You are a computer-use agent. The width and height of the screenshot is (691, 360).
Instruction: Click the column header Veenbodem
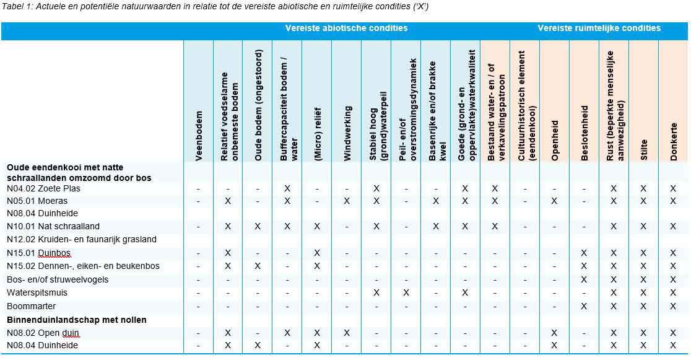coord(199,136)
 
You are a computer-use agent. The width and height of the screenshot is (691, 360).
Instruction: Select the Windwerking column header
coord(347,133)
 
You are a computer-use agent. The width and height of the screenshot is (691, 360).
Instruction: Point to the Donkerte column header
coord(674,142)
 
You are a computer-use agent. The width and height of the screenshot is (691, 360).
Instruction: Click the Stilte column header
coord(644,149)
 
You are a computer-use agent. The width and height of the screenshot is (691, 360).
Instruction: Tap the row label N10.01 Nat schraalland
coord(53,226)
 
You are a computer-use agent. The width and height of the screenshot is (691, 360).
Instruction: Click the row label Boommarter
coord(31,306)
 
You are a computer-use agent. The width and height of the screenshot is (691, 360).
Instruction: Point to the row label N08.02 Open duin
coord(43,333)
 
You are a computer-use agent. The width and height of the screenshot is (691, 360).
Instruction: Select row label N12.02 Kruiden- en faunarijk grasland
coord(82,239)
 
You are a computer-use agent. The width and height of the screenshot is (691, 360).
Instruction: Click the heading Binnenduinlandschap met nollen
coord(77,320)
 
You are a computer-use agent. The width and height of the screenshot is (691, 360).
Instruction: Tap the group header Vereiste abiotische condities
coord(346,28)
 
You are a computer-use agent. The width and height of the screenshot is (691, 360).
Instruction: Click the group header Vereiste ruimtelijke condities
coord(599,28)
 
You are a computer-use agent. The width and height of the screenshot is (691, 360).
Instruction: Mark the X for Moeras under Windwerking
coord(347,201)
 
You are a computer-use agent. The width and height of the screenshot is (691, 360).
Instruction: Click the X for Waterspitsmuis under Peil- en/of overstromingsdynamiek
coord(406,292)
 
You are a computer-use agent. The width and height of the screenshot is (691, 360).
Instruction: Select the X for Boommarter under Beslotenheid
coord(585,306)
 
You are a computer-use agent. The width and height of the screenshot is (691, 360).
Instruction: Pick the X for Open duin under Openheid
coord(555,333)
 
